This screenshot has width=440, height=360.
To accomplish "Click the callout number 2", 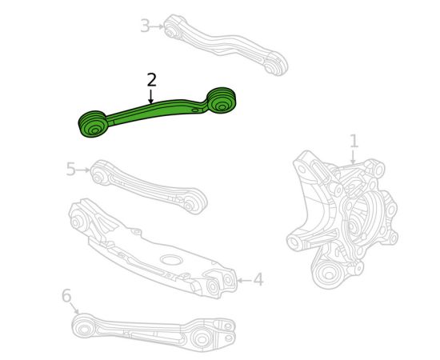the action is click(x=151, y=80).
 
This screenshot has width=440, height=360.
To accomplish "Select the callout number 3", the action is click(x=145, y=26).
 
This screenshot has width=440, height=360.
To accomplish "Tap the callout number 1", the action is click(x=354, y=141).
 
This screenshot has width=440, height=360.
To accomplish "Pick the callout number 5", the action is click(x=71, y=170).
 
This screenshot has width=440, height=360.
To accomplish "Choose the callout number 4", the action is click(x=258, y=279).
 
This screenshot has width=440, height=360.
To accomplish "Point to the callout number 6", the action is click(x=66, y=296).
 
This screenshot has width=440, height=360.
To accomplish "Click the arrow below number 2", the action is click(x=151, y=97).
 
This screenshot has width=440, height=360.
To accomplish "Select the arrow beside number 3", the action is click(x=157, y=26).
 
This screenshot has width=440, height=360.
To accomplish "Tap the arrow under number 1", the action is click(x=354, y=157).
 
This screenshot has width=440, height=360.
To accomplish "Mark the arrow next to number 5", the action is click(x=83, y=170).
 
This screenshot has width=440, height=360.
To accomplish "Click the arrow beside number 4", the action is click(x=245, y=280).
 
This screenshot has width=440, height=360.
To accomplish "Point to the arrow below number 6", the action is click(x=74, y=308).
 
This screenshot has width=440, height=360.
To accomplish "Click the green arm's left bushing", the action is click(x=92, y=124).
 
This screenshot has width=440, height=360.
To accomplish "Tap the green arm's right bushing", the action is click(x=222, y=101).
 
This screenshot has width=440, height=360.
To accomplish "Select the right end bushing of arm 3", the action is click(x=274, y=65).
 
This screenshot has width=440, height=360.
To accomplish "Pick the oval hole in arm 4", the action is click(x=171, y=259).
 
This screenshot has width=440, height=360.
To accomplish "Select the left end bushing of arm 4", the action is click(x=76, y=220).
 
